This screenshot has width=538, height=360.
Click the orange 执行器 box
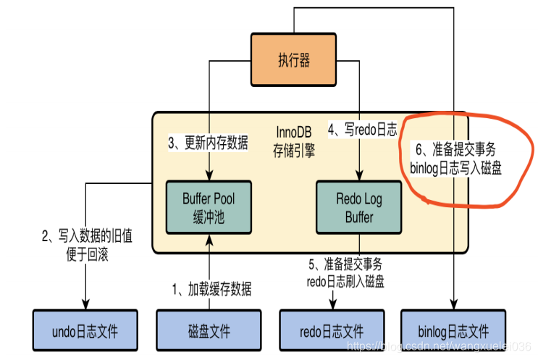[x=294, y=60]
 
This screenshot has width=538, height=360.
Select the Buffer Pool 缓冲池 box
[x=209, y=206]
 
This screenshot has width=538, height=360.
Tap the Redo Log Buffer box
[x=360, y=206]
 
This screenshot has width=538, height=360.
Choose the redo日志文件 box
[x=332, y=332]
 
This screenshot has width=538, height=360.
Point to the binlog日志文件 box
[x=453, y=332]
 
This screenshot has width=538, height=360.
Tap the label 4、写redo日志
[x=362, y=130]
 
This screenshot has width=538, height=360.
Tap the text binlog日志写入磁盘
[x=455, y=167]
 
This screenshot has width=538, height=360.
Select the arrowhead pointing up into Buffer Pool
[x=209, y=237]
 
